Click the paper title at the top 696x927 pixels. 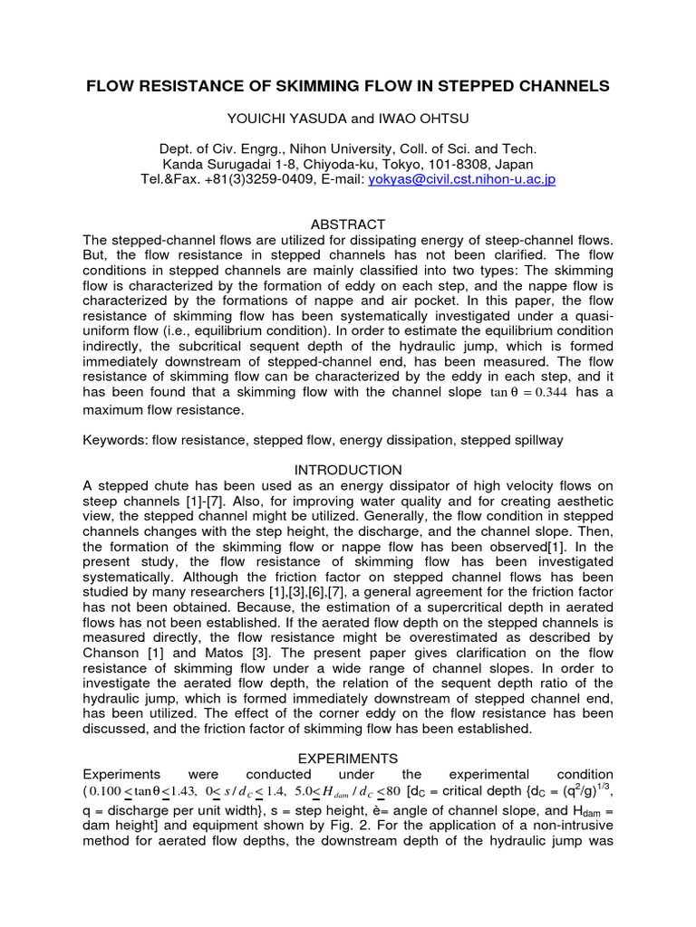(x=348, y=86)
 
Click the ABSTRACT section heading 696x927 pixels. (x=348, y=224)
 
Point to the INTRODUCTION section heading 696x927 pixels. (x=348, y=470)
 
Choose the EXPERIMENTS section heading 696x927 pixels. (x=348, y=758)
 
